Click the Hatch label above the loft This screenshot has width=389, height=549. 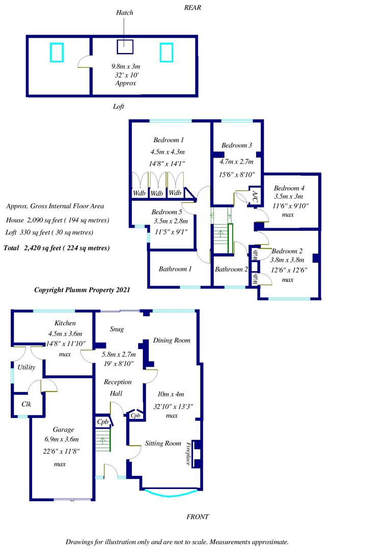125,13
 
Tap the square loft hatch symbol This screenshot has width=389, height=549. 125,47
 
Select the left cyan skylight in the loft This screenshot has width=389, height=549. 57,52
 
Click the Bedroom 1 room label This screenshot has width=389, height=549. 169,140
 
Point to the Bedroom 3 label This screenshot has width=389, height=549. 236,145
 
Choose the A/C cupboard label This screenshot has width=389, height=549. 255,197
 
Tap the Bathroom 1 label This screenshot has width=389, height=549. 175,269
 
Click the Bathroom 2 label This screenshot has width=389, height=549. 231,269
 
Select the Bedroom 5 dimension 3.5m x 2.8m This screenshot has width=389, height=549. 171,221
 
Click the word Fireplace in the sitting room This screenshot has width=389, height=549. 188,454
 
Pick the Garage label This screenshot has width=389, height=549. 64,430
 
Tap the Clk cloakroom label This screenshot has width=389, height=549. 26,404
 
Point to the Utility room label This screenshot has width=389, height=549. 26,368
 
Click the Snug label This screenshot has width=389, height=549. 117,329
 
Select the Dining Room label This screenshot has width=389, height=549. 172,340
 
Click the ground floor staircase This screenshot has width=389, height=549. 103,439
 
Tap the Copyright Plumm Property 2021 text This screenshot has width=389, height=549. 82,290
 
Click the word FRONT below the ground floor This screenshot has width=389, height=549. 198,517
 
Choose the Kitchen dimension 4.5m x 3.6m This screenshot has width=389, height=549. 65,333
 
